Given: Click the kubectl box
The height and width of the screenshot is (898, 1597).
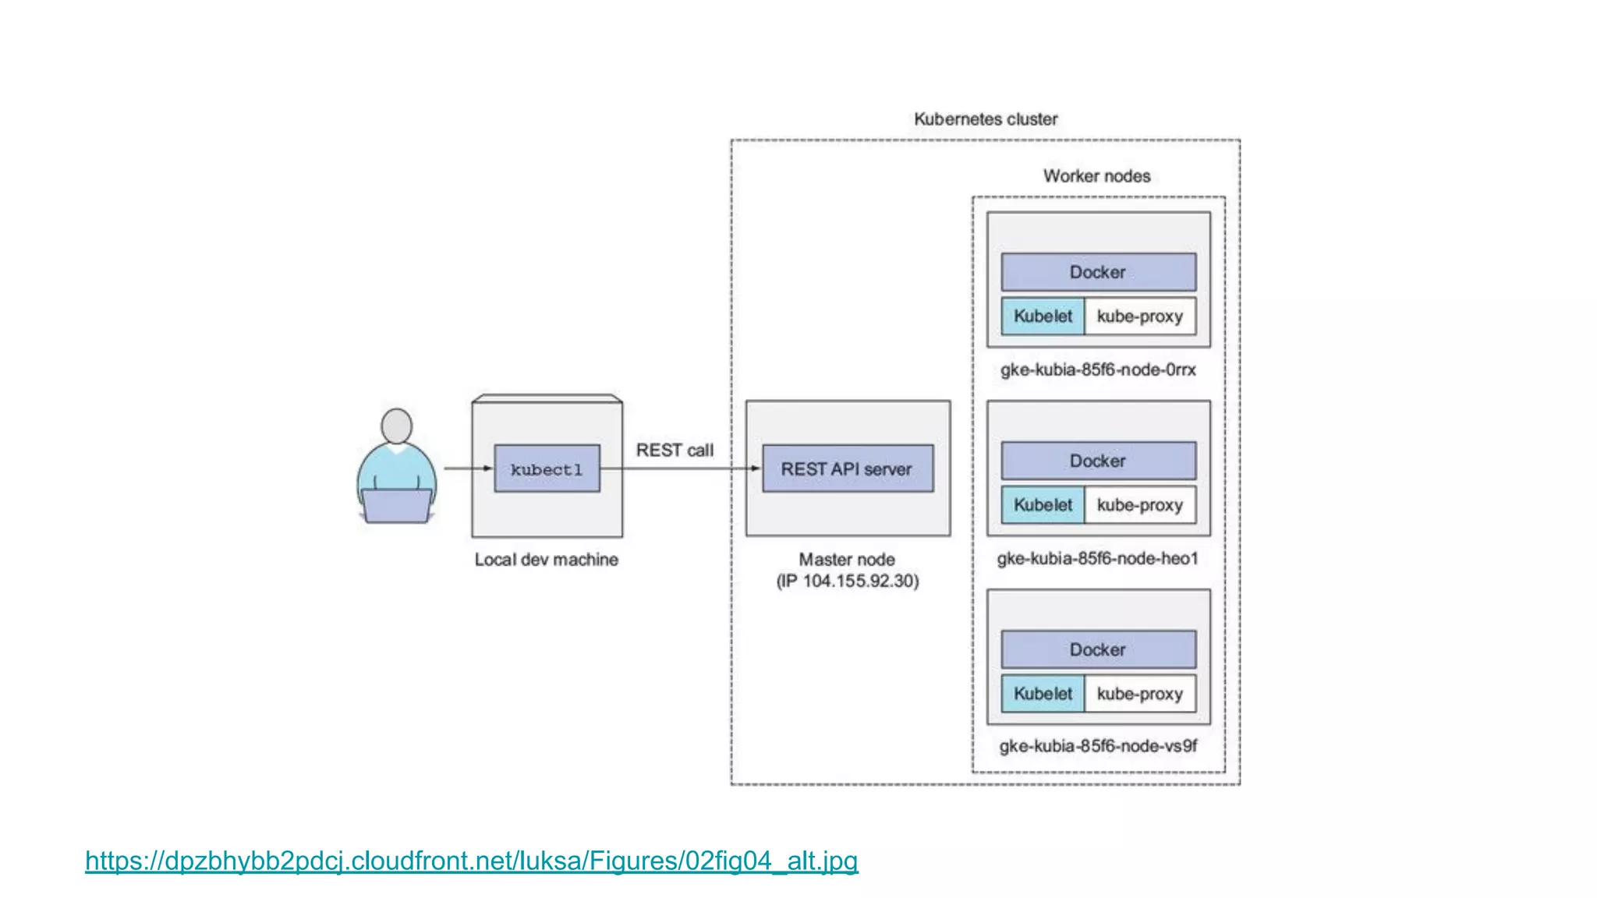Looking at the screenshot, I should pos(547,468).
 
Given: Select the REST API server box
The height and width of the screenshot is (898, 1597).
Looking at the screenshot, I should pos(847,468).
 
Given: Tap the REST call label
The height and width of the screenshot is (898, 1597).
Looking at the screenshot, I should pos(675,450).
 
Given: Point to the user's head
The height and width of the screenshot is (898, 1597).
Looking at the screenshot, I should pos(396,426).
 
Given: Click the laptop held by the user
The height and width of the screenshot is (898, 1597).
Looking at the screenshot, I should pos(396,505).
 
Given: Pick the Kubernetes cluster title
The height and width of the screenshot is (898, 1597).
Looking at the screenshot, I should pos(986,119).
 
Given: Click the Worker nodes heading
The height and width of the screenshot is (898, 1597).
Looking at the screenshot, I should pos(1096,176).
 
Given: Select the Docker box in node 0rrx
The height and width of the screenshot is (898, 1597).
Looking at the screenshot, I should pos(1098,272).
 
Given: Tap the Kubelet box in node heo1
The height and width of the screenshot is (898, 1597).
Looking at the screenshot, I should pos(1043,505).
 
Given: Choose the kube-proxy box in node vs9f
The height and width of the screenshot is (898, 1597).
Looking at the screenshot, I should pos(1139,694).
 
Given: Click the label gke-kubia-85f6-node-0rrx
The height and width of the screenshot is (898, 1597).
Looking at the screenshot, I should pos(1098,369).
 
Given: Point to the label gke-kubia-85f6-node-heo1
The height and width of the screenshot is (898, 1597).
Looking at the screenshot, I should pos(1097,558).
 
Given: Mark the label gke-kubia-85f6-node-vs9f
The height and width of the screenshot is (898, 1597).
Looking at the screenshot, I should pos(1098,746).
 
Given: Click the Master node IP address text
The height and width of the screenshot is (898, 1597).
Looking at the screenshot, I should pos(848,581).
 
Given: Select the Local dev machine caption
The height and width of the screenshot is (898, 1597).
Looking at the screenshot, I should pos(546,560).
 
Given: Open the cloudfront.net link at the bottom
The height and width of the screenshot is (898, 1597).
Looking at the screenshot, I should pos(471,861).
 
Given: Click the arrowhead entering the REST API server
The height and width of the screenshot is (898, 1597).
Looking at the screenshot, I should pos(755,468).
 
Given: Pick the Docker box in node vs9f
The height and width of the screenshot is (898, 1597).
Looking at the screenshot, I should pos(1098,649).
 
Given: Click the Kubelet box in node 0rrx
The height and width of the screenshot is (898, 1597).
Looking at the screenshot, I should pos(1043,316).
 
